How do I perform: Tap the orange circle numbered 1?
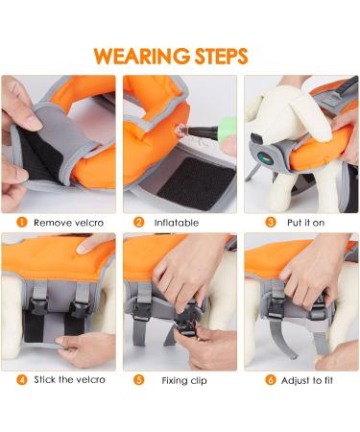21,222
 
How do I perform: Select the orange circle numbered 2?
138,222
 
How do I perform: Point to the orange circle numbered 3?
272,222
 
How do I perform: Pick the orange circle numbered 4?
21,379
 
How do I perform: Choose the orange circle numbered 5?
138,379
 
